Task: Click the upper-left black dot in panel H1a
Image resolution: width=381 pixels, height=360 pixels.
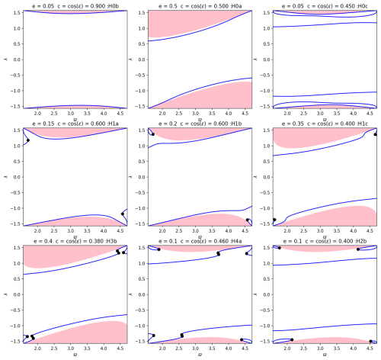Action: pos(28,140)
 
